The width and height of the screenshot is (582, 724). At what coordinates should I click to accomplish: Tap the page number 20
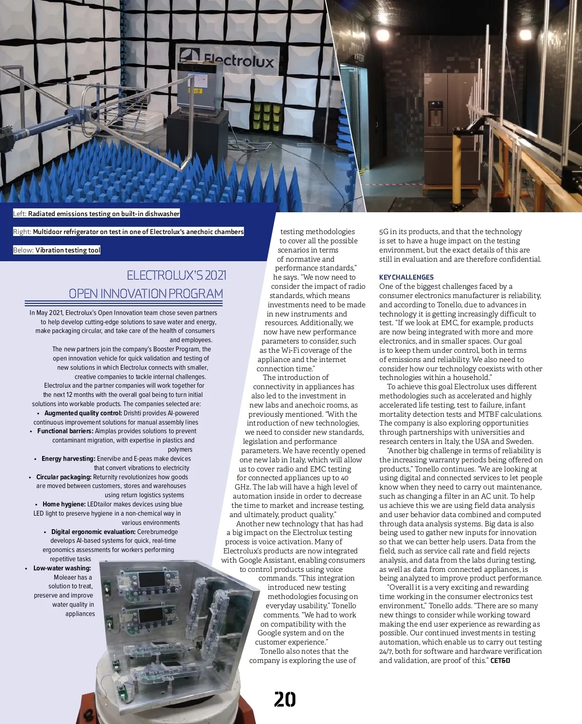coord(285,699)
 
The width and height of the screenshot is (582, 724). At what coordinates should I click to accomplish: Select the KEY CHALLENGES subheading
coord(406,277)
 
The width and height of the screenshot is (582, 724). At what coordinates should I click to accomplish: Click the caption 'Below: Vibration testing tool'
coord(57,250)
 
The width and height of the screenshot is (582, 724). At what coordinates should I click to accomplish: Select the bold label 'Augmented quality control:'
coord(83,413)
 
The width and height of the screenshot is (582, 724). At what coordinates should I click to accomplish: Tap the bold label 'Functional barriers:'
coord(65,431)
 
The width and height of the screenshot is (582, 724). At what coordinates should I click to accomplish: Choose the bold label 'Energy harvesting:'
coord(68,458)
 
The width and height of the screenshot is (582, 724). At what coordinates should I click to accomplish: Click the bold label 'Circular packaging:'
coord(64,477)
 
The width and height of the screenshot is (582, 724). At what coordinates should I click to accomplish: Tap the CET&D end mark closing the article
coord(500,661)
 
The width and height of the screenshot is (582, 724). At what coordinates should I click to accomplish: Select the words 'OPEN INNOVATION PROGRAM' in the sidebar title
coord(146,294)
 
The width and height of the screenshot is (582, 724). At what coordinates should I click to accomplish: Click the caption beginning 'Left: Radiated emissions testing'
coord(97,214)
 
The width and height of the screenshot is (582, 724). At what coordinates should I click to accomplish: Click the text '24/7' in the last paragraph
coord(386,651)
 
